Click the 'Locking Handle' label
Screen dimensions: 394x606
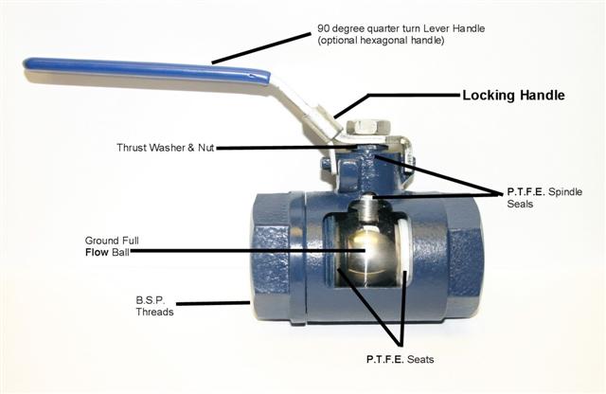point(512,96)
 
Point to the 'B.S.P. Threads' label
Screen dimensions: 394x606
point(154,305)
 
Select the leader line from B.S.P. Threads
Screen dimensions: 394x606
point(214,304)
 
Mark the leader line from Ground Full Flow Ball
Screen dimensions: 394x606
point(246,250)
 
